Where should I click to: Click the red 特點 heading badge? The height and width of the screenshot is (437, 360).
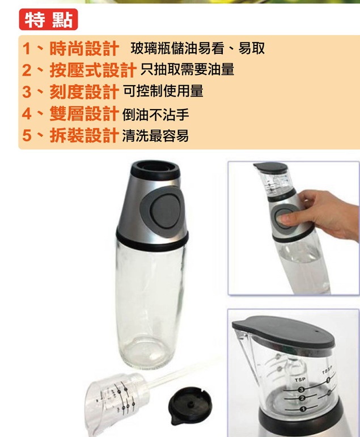click(x=48, y=19)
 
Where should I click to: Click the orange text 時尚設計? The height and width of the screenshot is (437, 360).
click(x=84, y=48)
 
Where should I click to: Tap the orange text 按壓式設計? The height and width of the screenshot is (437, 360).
click(x=93, y=70)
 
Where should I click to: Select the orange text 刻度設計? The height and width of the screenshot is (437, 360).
click(x=84, y=92)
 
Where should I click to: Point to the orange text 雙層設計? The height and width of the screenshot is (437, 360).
click(x=84, y=114)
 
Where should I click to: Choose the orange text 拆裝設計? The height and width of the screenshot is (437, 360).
click(x=84, y=136)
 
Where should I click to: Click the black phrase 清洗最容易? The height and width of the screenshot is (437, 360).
click(x=156, y=136)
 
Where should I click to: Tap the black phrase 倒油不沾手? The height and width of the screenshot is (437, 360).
click(x=156, y=114)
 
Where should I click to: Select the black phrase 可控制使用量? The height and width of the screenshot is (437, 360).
click(x=163, y=91)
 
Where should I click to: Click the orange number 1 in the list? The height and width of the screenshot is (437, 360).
click(x=26, y=49)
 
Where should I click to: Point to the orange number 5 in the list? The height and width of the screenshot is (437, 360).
click(x=27, y=136)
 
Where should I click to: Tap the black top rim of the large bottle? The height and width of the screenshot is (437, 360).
click(x=155, y=170)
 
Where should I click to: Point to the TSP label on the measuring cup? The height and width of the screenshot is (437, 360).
click(x=300, y=379)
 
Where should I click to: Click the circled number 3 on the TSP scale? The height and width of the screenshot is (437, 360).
click(x=300, y=390)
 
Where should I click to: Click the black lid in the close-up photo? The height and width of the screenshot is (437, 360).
click(x=283, y=331)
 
